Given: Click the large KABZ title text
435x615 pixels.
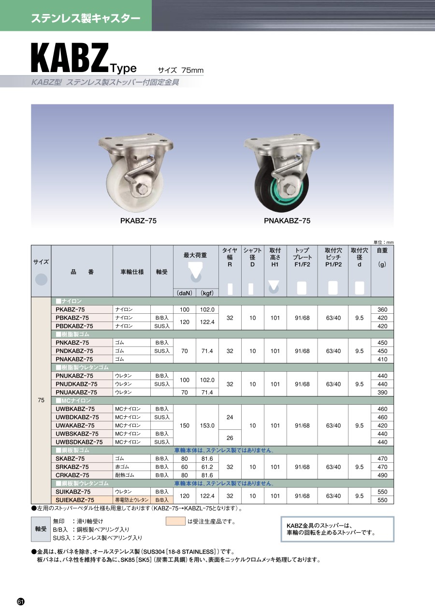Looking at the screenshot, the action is click(70, 58).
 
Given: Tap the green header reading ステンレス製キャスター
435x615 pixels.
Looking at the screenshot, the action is click(86, 18).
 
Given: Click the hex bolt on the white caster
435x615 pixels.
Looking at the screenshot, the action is click(143, 189).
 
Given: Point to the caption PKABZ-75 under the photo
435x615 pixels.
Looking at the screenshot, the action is click(138, 221).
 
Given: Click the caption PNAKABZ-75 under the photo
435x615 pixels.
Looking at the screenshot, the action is click(287, 221).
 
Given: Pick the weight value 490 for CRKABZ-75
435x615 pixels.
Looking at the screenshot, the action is click(382, 475).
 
